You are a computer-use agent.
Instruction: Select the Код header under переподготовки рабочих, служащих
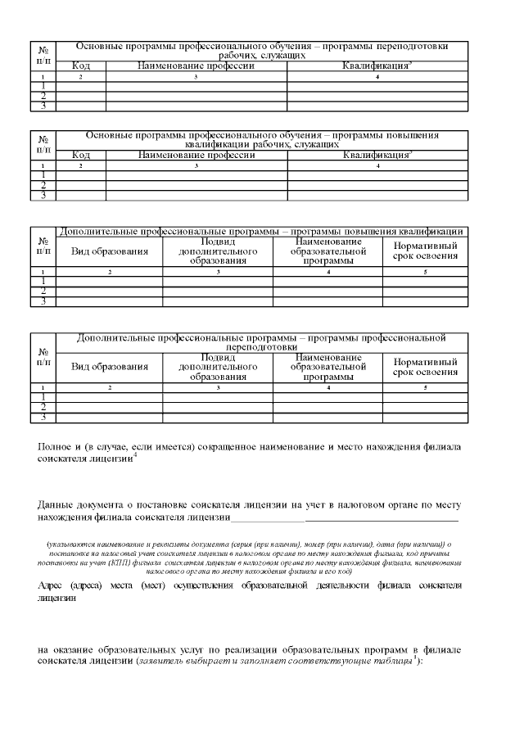pyautogui.click(x=81, y=66)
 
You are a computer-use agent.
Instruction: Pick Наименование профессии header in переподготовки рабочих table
pyautogui.click(x=196, y=66)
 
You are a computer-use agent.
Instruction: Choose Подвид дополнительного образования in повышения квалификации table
pyautogui.click(x=218, y=251)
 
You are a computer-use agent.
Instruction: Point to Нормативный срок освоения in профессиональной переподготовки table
pyautogui.click(x=425, y=367)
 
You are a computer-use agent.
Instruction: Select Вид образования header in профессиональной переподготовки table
pyautogui.click(x=110, y=367)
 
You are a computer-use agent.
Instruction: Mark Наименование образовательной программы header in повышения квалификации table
pyautogui.click(x=327, y=251)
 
